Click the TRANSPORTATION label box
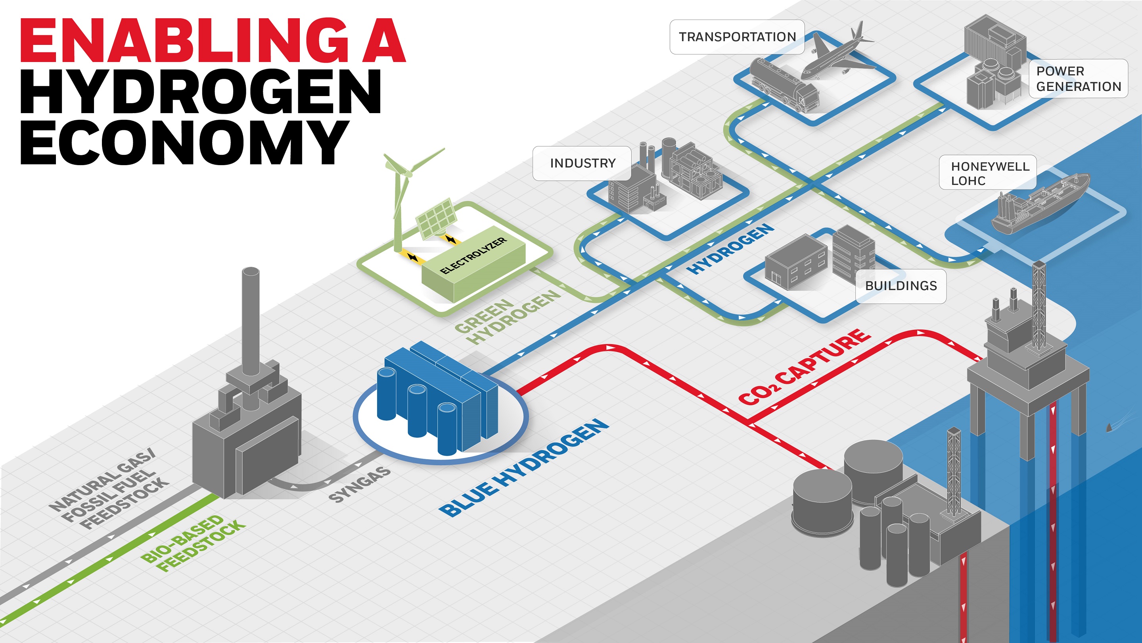click(x=737, y=37)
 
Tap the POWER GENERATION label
click(x=1078, y=79)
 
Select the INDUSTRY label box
click(x=582, y=163)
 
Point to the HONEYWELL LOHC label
click(x=988, y=173)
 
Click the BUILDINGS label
click(x=901, y=286)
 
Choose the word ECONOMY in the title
click(x=184, y=142)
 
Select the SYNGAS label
click(x=360, y=485)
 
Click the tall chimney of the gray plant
click(x=251, y=320)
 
